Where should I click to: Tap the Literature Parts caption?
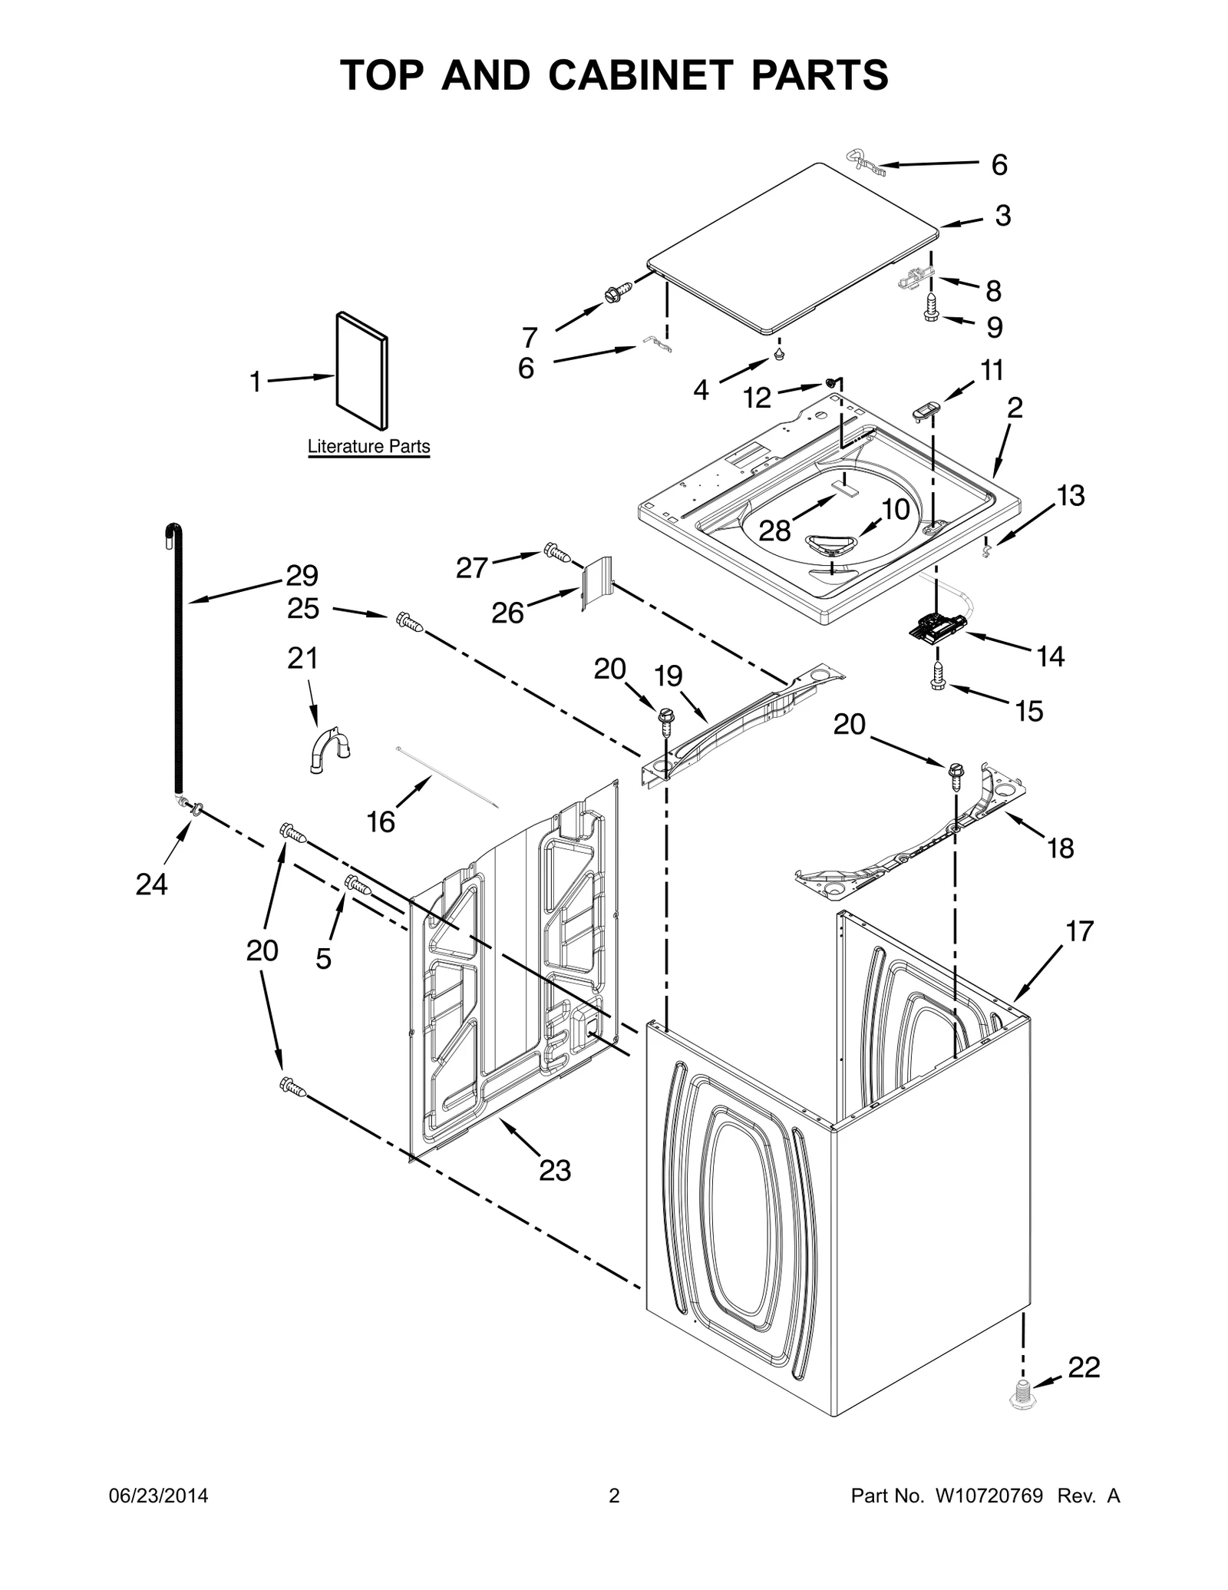pos(368,446)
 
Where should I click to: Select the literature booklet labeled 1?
pos(361,371)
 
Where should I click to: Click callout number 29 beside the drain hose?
pos(302,574)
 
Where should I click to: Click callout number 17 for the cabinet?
pos(1079,931)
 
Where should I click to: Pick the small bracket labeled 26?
pos(596,584)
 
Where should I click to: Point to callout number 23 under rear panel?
pos(554,1170)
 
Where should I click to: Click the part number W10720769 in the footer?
pos(989,1496)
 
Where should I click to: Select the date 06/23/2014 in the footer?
pos(157,1496)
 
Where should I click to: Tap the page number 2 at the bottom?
pos(613,1496)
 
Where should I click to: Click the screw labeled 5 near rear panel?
pos(358,884)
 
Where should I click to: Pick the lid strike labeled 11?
pos(926,410)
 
